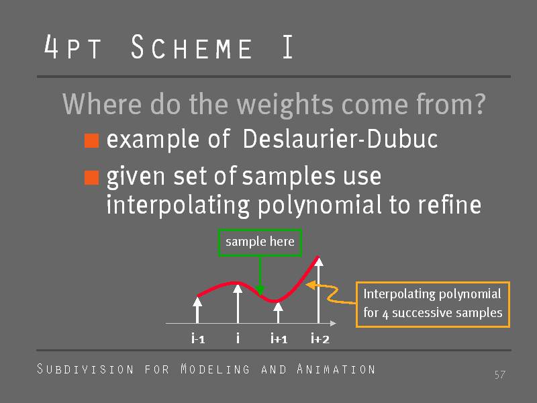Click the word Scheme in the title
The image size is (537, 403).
click(192, 47)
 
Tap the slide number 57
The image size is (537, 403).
click(499, 375)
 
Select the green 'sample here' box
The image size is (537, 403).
click(260, 242)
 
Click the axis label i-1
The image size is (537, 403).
click(198, 339)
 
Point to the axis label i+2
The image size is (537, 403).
click(320, 339)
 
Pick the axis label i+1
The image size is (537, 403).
click(279, 339)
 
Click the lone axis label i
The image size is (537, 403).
click(238, 339)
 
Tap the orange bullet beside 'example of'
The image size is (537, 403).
click(91, 140)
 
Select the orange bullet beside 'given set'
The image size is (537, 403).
click(91, 177)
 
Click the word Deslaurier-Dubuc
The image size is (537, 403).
click(340, 139)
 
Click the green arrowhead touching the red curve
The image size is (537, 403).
click(260, 290)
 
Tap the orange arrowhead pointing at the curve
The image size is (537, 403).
click(310, 285)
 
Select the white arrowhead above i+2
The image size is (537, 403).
click(319, 262)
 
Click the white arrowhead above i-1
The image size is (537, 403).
click(197, 302)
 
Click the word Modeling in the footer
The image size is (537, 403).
click(215, 369)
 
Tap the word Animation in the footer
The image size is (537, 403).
click(336, 369)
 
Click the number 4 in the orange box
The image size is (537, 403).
click(385, 314)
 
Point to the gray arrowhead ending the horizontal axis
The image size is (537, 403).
click(333, 323)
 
